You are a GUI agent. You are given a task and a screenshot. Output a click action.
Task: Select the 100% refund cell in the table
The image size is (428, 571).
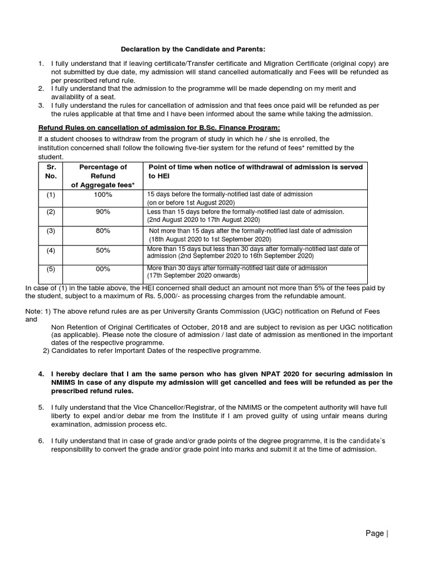click(103, 195)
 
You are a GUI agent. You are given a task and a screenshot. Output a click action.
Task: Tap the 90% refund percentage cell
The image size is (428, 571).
click(103, 212)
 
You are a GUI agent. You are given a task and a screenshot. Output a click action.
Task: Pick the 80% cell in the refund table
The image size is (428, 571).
click(103, 230)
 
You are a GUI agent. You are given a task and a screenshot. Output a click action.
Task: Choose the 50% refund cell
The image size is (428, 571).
click(103, 250)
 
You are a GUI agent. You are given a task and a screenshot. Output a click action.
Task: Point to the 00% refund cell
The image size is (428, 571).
click(103, 269)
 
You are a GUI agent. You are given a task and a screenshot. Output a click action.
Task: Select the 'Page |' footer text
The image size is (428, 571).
click(376, 534)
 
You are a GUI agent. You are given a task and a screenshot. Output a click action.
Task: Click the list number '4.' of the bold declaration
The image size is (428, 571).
click(41, 373)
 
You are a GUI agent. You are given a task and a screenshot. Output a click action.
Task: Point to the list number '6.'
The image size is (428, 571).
click(41, 441)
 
